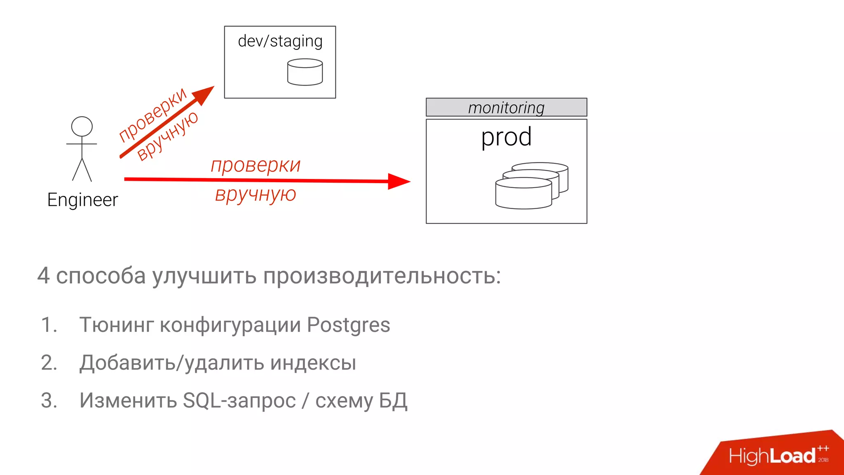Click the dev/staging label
point(280,42)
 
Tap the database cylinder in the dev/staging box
point(305,72)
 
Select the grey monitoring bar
point(506,107)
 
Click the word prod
point(506,137)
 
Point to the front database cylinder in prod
point(523,194)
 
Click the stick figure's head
point(82,126)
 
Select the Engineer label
point(82,200)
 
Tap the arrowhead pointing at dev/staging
point(205,94)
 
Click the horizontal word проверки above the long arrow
point(256,165)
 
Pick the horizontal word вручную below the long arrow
point(256,194)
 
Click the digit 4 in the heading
point(43,276)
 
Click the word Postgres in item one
point(348,325)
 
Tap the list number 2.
point(49,363)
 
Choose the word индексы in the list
point(313,363)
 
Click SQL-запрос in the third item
point(239,401)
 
